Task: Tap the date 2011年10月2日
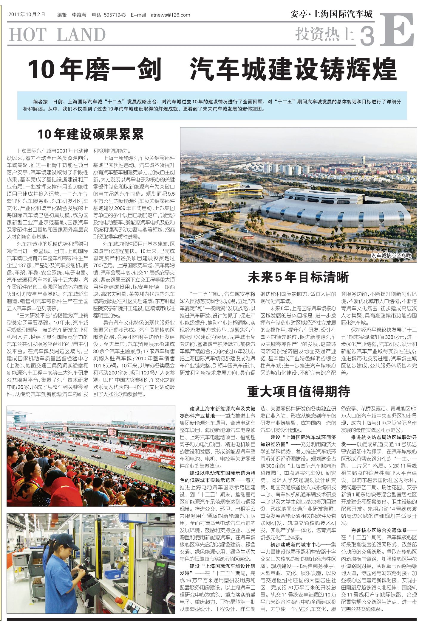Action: [27, 14]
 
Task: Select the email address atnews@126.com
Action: [170, 15]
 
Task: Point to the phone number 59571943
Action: [115, 15]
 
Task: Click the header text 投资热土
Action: [324, 34]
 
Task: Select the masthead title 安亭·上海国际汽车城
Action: [331, 14]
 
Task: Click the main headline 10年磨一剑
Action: [95, 70]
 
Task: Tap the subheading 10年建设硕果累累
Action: [90, 134]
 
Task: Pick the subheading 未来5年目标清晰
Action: [298, 277]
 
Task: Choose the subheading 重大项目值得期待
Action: [298, 391]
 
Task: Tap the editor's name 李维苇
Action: [79, 15]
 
